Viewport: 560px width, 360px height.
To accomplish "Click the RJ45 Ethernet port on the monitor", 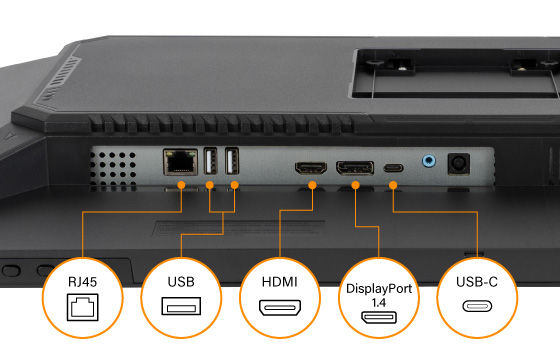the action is click(x=180, y=162).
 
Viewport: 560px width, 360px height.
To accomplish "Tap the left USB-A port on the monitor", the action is click(x=210, y=161).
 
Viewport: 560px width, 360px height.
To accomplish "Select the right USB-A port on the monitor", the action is click(x=232, y=161).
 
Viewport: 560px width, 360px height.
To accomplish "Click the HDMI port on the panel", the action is click(x=311, y=168).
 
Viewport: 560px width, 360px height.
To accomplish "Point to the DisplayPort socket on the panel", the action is click(x=355, y=168).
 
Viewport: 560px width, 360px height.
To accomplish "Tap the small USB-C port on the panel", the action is click(x=394, y=168).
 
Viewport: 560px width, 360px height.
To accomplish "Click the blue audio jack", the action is click(x=429, y=161).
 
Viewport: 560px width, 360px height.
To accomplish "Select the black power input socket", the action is click(x=459, y=164).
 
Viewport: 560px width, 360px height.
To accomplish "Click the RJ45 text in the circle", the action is click(x=82, y=282).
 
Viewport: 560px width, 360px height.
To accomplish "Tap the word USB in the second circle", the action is click(x=181, y=282).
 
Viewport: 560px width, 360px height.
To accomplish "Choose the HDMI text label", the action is click(x=280, y=282).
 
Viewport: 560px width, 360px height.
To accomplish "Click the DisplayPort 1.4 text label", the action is click(x=379, y=295).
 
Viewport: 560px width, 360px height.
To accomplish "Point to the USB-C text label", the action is click(x=477, y=282).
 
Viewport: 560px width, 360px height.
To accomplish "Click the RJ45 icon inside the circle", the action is click(x=82, y=307).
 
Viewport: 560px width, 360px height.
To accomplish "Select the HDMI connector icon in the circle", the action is click(x=280, y=308).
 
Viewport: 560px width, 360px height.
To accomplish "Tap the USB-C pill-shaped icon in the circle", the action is click(x=477, y=306).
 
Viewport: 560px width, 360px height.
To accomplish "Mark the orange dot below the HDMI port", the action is click(x=312, y=185).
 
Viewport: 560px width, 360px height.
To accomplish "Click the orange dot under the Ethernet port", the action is click(x=181, y=185).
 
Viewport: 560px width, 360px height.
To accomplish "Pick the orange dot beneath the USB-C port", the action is click(x=393, y=185).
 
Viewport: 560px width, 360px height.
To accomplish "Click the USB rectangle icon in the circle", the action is click(x=181, y=306).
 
